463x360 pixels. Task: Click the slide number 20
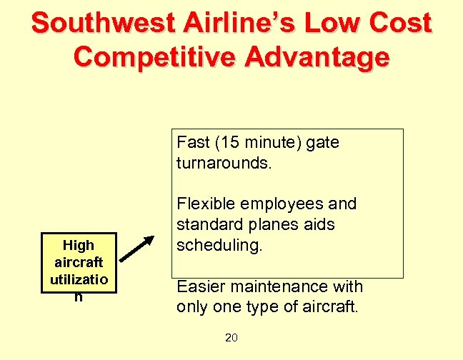[231, 338]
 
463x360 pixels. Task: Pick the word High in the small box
[79, 245]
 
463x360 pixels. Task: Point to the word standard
[206, 225]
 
